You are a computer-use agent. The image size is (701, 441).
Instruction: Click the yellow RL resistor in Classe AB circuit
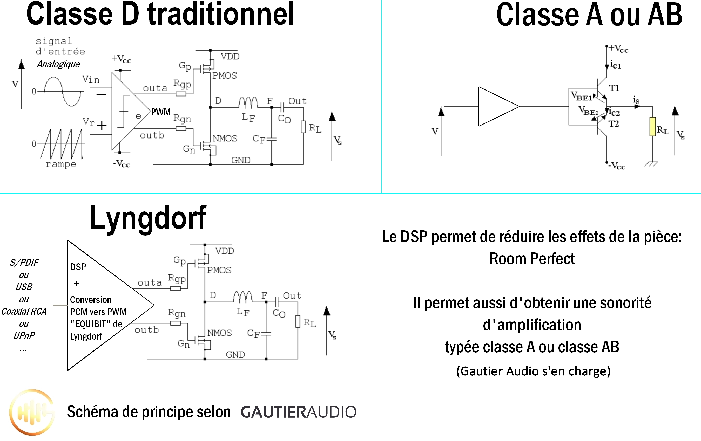point(652,127)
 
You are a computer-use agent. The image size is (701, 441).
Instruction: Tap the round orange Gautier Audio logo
point(32,412)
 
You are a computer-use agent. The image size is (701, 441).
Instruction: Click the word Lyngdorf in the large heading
point(148,218)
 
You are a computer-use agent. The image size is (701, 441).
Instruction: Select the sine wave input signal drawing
point(63,92)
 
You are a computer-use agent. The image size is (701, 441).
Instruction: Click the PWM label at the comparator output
point(161,112)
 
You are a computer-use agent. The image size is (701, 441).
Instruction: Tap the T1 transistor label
point(614,88)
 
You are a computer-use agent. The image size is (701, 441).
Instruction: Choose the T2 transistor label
point(614,124)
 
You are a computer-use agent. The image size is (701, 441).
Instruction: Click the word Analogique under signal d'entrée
point(58,64)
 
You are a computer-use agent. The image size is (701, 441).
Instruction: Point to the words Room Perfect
point(532,259)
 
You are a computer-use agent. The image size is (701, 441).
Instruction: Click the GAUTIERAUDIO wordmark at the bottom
point(298,412)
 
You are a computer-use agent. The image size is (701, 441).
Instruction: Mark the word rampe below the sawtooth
point(61,164)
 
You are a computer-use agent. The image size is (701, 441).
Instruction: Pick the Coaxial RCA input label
point(24,312)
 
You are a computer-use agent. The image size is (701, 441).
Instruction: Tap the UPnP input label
point(24,336)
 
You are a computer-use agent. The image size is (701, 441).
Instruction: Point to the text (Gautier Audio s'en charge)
point(533,371)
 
